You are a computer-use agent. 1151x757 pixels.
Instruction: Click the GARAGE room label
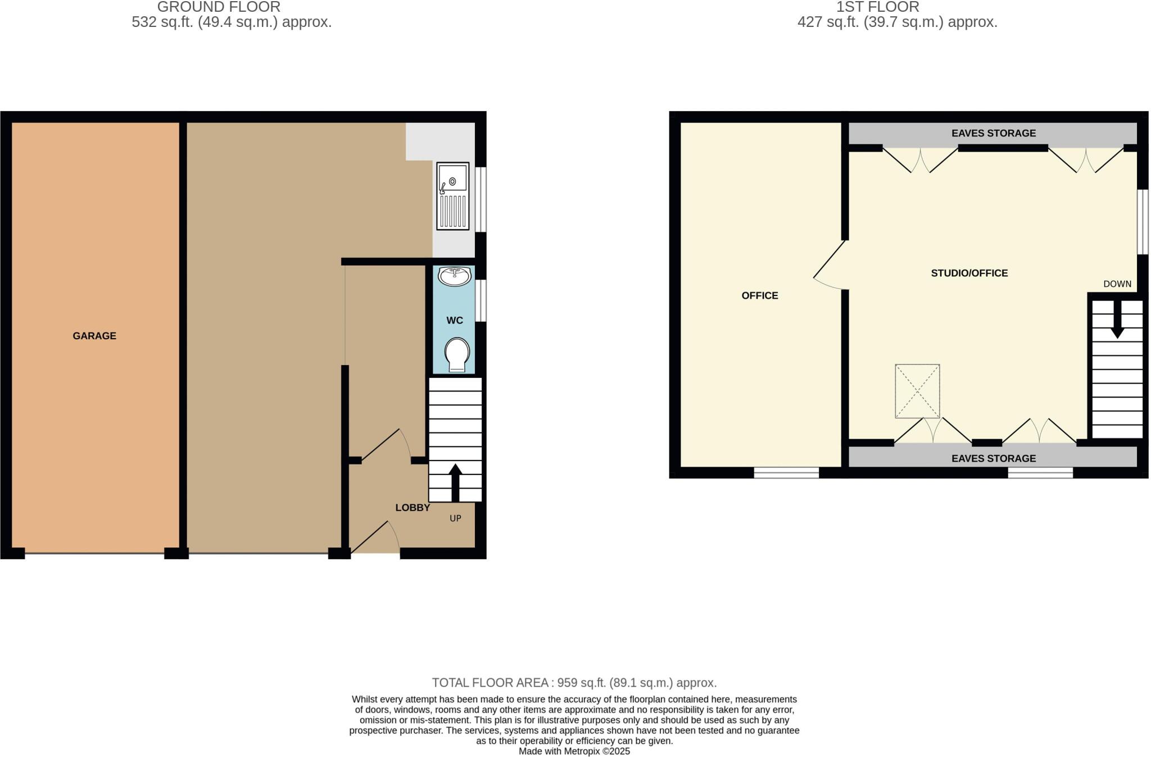tap(94, 336)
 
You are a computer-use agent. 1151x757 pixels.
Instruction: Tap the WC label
tap(455, 320)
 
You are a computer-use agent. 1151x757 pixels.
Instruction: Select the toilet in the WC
tap(457, 354)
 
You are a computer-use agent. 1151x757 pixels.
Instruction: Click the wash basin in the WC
tap(454, 276)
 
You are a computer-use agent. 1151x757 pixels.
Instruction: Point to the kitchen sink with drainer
tap(453, 196)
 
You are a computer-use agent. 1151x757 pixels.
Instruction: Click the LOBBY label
tap(413, 508)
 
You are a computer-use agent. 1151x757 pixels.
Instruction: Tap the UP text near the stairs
tap(455, 518)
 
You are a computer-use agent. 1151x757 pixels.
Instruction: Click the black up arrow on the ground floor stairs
tap(455, 482)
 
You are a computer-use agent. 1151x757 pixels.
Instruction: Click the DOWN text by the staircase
tap(1117, 284)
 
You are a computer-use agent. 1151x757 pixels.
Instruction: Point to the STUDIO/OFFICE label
tap(969, 273)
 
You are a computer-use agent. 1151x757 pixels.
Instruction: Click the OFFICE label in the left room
tap(760, 296)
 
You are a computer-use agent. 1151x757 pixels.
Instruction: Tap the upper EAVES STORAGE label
tap(994, 133)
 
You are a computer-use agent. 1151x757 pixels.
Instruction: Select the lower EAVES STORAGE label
tap(994, 458)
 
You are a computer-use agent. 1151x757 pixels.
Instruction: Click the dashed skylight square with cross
tap(917, 391)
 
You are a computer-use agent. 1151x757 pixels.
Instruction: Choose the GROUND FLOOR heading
tap(219, 7)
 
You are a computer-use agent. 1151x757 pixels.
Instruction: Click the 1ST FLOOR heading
tap(877, 7)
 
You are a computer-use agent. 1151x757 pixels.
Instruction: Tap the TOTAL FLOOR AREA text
tap(574, 683)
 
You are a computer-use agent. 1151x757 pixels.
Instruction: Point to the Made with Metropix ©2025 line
tap(574, 751)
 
